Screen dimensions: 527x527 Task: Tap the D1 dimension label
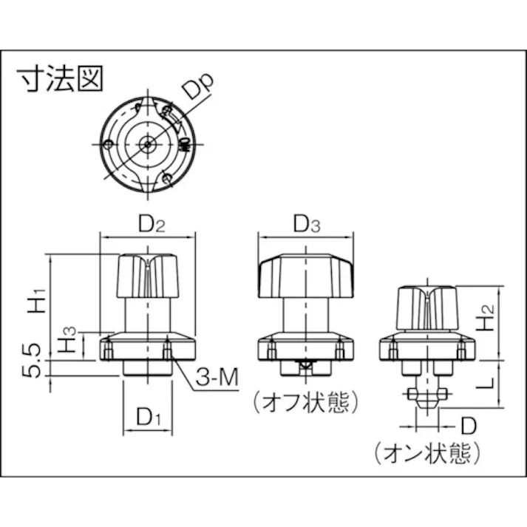click(x=147, y=418)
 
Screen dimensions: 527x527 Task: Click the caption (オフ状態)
click(x=305, y=403)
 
